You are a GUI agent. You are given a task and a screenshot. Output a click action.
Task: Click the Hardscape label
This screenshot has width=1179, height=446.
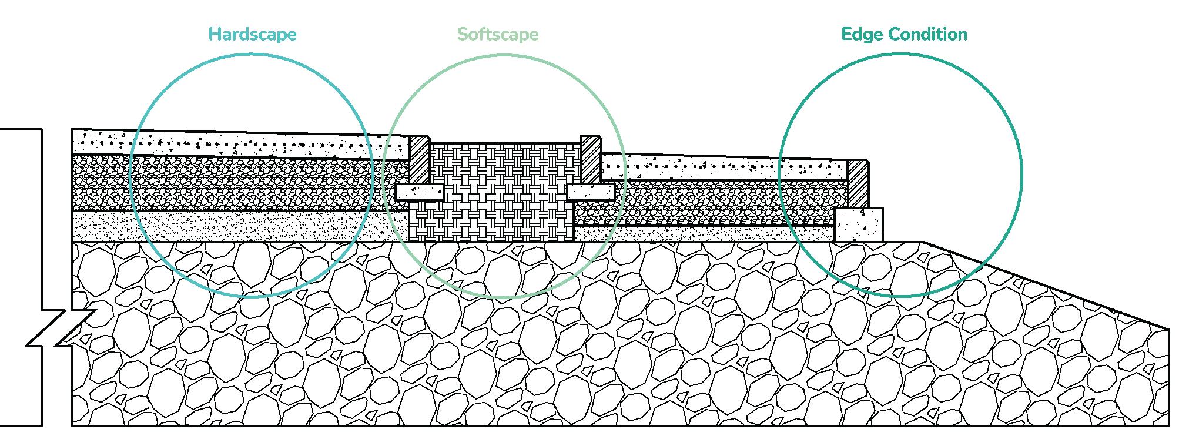(252, 34)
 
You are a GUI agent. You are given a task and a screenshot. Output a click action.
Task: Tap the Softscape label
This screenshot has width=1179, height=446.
(498, 34)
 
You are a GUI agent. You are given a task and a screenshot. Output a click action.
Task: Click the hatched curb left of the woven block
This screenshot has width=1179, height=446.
(420, 159)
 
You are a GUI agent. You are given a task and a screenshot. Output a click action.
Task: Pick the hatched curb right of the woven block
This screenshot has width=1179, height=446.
(590, 159)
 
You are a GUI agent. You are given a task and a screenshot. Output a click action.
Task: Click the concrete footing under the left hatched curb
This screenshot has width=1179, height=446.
(420, 192)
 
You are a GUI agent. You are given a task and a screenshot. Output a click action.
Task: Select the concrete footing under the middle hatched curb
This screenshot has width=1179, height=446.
(591, 192)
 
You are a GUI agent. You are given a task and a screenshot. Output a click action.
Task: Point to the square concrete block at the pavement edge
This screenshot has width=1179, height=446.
(859, 224)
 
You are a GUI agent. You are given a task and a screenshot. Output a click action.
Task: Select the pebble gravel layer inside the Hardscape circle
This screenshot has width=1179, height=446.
(247, 182)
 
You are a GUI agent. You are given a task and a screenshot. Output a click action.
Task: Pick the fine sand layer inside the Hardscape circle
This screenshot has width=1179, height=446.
(247, 226)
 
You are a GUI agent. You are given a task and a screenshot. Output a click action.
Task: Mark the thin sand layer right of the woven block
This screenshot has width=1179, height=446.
(705, 234)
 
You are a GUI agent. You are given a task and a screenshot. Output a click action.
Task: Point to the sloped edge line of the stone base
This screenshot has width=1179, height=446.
(1046, 285)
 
